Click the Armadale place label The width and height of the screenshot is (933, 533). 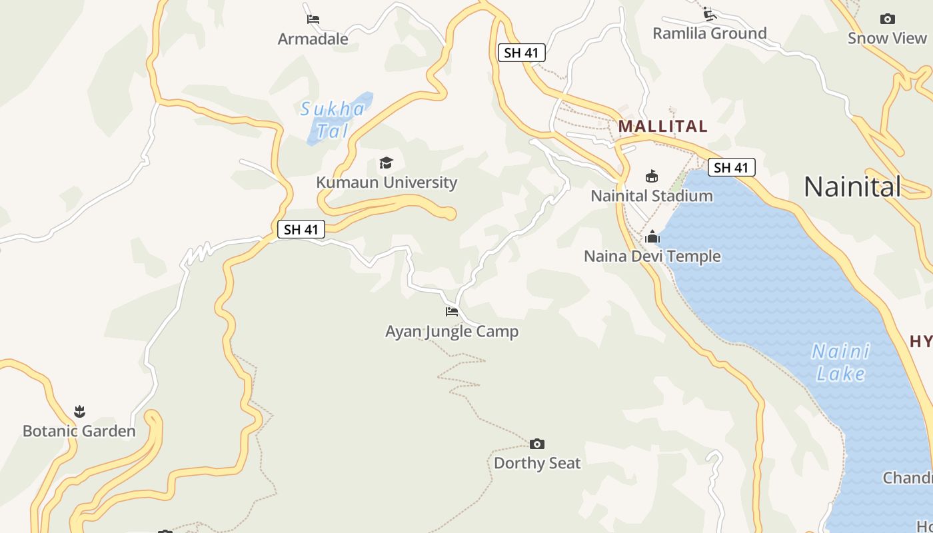tap(313, 39)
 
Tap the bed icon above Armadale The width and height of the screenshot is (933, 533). tap(313, 19)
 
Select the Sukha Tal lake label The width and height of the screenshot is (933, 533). tap(332, 119)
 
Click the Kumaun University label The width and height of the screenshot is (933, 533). tap(387, 183)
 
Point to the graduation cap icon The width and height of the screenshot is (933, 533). tap(386, 163)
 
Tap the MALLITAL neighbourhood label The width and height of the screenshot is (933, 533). tap(662, 126)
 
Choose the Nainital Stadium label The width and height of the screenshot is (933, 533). tap(652, 196)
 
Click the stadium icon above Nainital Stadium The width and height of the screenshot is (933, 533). tap(652, 176)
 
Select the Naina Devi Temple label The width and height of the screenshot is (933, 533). tap(652, 257)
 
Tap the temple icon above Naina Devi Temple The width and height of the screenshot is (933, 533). tap(652, 237)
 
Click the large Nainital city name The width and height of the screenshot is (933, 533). tap(852, 187)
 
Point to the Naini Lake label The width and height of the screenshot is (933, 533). tap(840, 362)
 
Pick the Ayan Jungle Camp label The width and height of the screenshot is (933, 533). tap(452, 331)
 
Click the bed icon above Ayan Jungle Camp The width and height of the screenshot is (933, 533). tap(452, 311)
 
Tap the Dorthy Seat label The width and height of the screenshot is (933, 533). tap(537, 463)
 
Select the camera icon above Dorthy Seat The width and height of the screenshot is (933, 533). tap(537, 444)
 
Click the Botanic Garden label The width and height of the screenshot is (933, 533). tap(79, 431)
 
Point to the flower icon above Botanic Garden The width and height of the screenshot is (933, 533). tap(80, 411)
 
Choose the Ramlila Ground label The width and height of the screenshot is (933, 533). tap(709, 33)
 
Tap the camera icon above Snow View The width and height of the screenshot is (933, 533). tap(887, 19)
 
